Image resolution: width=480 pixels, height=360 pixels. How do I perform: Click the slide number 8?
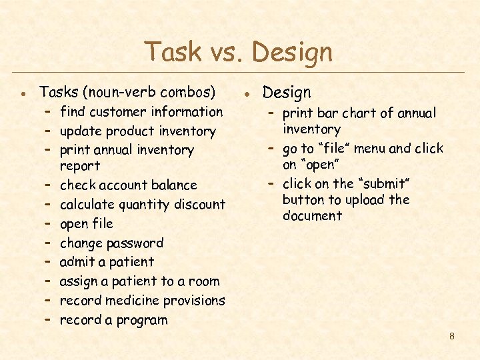[451, 336]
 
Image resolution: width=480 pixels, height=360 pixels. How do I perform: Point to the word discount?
[198, 205]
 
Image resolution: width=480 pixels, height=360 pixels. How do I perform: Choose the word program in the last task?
[141, 321]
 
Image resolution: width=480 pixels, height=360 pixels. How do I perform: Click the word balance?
[174, 185]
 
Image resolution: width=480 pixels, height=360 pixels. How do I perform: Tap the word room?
[204, 282]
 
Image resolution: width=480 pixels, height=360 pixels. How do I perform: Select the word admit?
[77, 262]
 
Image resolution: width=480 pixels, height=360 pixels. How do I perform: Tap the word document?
[312, 216]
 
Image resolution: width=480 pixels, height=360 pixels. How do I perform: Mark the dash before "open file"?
[49, 223]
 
